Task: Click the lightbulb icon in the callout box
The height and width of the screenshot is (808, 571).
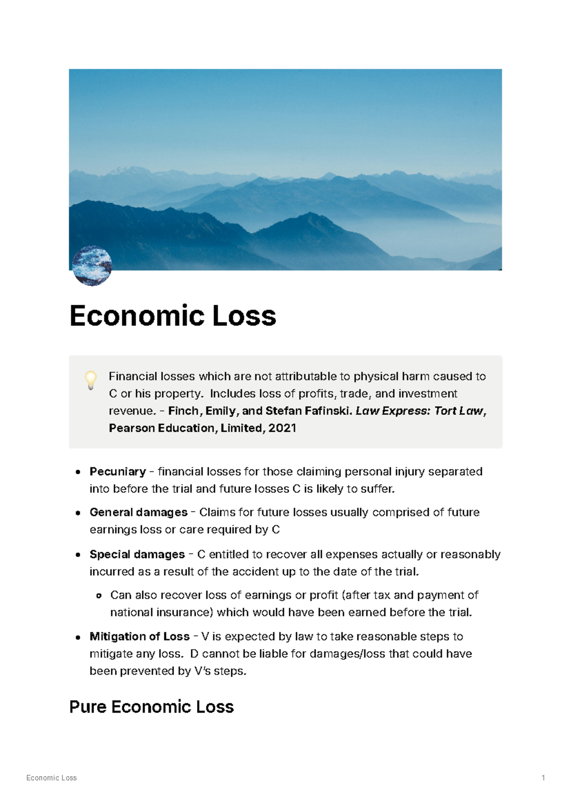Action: [x=90, y=380]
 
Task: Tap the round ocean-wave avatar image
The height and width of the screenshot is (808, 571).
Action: [x=92, y=266]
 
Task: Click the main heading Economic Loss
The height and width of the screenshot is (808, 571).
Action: [x=173, y=316]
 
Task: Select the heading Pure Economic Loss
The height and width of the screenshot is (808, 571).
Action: [x=151, y=707]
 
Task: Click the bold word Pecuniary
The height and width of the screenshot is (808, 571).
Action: [x=118, y=471]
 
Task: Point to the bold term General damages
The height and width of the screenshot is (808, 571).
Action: [x=138, y=512]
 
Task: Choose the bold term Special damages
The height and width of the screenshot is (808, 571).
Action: [x=137, y=554]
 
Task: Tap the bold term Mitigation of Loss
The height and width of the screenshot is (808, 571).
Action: [x=139, y=637]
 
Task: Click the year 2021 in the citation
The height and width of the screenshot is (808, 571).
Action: [x=282, y=428]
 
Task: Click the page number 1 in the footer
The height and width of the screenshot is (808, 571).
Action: [x=543, y=778]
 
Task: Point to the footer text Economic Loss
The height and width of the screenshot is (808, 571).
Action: [x=51, y=778]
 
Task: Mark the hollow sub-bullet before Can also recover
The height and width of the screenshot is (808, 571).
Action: [x=99, y=596]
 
